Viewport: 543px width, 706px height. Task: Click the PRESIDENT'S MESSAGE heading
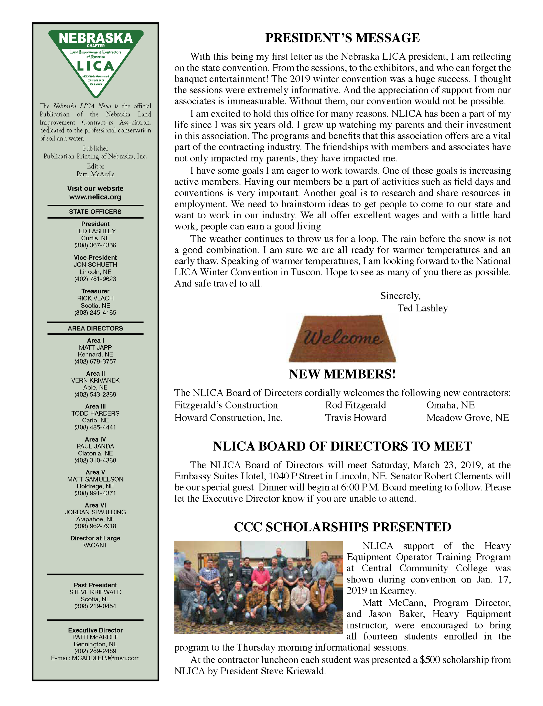(342, 38)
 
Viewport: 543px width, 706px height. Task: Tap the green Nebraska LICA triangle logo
(96, 61)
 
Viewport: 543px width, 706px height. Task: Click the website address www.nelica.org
(95, 197)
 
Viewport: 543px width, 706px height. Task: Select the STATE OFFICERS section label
(95, 212)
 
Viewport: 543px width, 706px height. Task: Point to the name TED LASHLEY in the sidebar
(95, 231)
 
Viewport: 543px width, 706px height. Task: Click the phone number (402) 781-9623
(95, 279)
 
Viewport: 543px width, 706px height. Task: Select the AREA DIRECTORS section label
(95, 328)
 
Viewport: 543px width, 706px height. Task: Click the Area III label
(95, 406)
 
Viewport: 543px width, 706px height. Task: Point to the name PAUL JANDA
(95, 446)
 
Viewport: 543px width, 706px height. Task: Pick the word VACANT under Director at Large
(95, 545)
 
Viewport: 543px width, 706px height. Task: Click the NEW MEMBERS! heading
(342, 374)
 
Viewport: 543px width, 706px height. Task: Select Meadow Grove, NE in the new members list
(467, 418)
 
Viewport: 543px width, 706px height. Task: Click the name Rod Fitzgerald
(355, 405)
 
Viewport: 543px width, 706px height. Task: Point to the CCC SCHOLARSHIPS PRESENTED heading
(342, 527)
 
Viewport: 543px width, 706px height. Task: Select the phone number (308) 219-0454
(95, 606)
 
